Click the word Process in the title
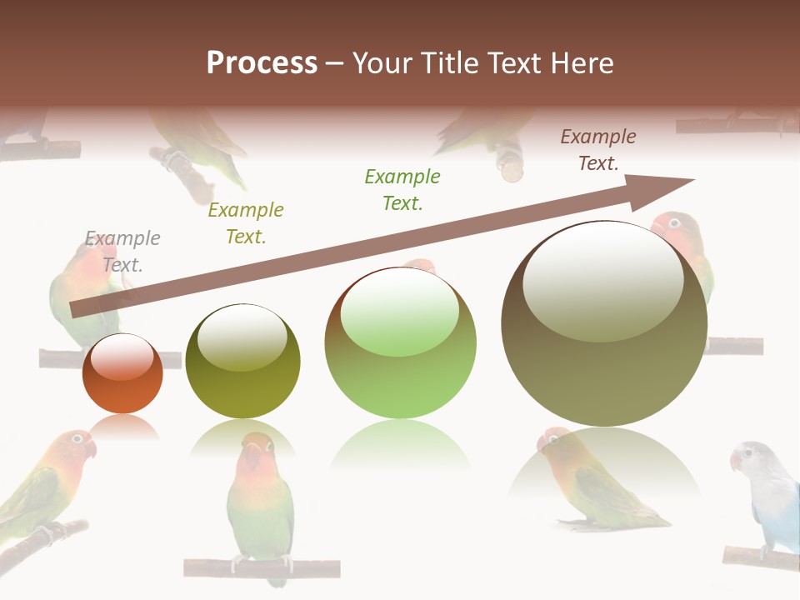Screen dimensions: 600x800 (x=262, y=63)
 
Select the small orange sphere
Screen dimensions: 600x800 (x=122, y=373)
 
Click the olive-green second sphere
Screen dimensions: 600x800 (x=242, y=361)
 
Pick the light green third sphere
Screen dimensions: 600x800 (x=400, y=343)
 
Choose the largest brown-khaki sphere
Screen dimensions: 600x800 (x=604, y=323)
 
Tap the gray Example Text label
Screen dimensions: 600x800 (x=122, y=252)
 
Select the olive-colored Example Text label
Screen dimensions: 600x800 (x=245, y=223)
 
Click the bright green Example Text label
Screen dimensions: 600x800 (x=402, y=189)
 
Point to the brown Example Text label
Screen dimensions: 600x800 (x=597, y=150)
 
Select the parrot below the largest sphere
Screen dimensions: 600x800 (x=596, y=483)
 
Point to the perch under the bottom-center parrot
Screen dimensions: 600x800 (x=262, y=568)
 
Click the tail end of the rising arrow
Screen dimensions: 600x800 (x=77, y=309)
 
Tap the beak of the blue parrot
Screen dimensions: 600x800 (x=735, y=462)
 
